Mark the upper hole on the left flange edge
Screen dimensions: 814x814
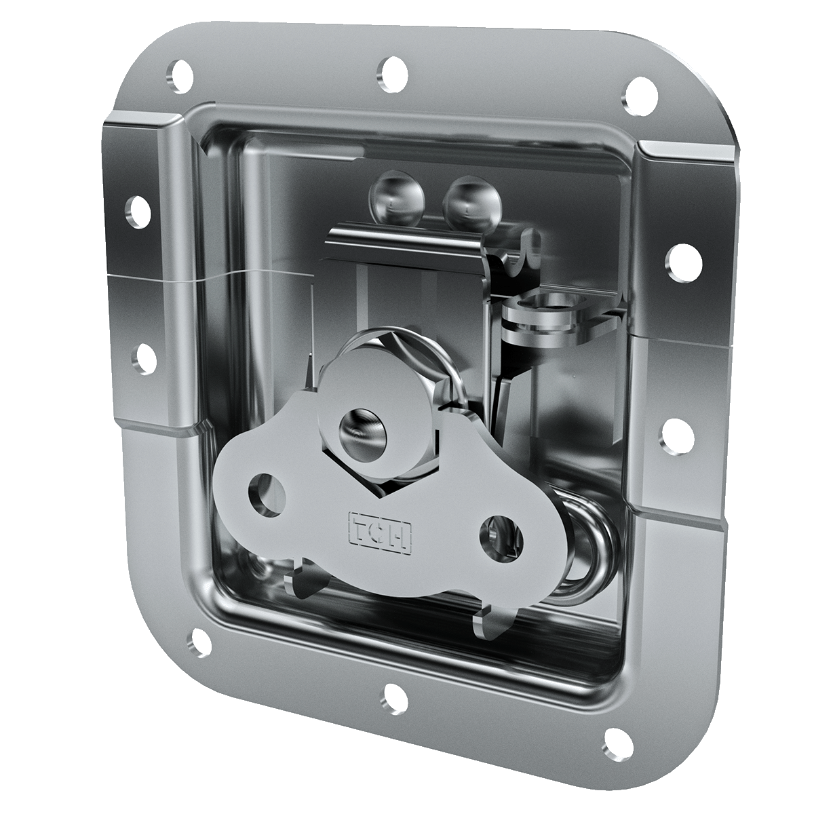pos(138,212)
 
